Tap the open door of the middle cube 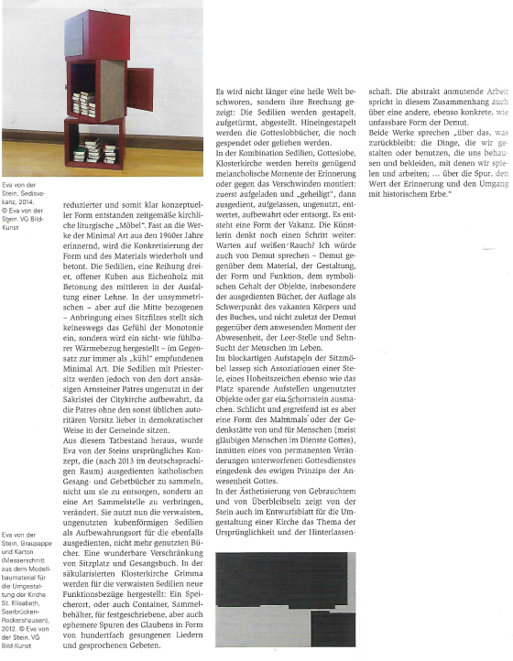pyautogui.click(x=140, y=88)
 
